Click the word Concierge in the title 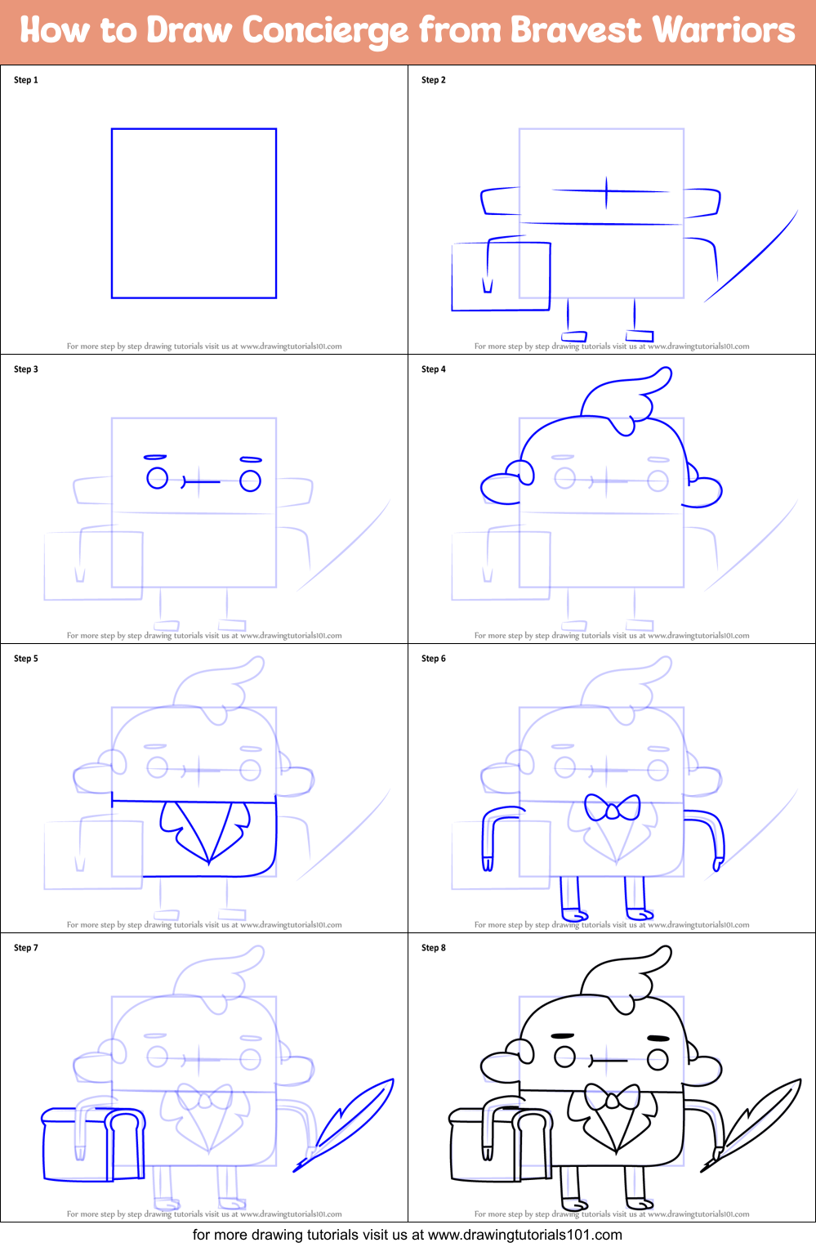pyautogui.click(x=325, y=31)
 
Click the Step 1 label pyautogui.click(x=26, y=80)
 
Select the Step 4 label pyautogui.click(x=434, y=369)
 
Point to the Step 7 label pyautogui.click(x=26, y=948)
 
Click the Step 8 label pyautogui.click(x=434, y=948)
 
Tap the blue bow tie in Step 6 pyautogui.click(x=612, y=808)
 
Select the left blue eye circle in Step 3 pyautogui.click(x=157, y=478)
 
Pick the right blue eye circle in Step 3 pyautogui.click(x=250, y=480)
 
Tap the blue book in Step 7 pyautogui.click(x=91, y=1144)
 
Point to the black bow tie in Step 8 pyautogui.click(x=612, y=1097)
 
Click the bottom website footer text pyautogui.click(x=408, y=1235)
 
